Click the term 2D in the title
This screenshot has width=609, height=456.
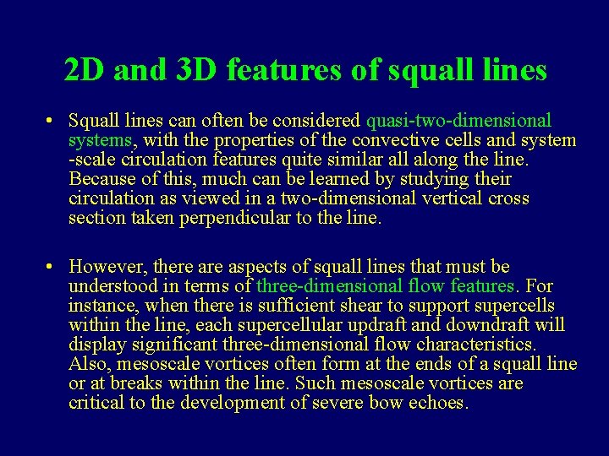pos(85,71)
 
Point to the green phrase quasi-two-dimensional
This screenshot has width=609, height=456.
pos(458,121)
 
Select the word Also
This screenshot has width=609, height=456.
pos(89,364)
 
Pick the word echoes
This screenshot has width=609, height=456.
pos(439,403)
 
